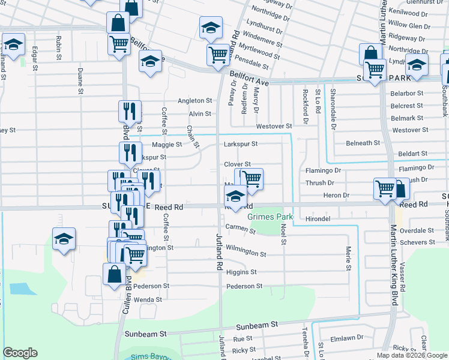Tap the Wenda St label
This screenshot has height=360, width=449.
[148, 299]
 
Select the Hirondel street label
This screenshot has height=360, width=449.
[318, 219]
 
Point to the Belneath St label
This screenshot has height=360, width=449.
[364, 143]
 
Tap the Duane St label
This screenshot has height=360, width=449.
[80, 81]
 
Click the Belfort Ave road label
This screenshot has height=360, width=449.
[249, 77]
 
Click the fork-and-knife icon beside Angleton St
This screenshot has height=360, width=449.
[129, 110]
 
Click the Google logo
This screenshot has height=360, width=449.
[20, 353]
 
